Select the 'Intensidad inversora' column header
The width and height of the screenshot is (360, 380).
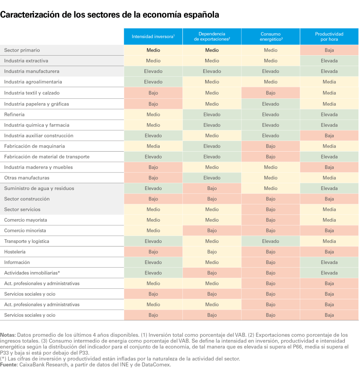pyautogui.click(x=153, y=36)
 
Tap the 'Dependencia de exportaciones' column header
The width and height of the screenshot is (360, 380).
pyautogui.click(x=212, y=36)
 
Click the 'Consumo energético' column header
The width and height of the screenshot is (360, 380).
pyautogui.click(x=271, y=36)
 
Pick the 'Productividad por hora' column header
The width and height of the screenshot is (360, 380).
pyautogui.click(x=329, y=36)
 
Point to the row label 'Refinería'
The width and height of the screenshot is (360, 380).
pyautogui.click(x=14, y=114)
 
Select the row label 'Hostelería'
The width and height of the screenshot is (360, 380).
pyautogui.click(x=15, y=252)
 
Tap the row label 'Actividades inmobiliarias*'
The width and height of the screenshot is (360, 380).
pyautogui.click(x=32, y=273)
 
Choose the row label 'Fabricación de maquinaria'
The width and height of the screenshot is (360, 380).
pyautogui.click(x=34, y=146)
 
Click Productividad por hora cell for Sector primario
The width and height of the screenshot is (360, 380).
pyautogui.click(x=329, y=50)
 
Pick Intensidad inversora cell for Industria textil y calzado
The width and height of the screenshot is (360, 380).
pyautogui.click(x=153, y=93)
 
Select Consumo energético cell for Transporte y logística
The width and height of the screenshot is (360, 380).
pyautogui.click(x=271, y=241)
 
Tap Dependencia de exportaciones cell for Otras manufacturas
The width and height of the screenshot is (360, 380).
pyautogui.click(x=212, y=178)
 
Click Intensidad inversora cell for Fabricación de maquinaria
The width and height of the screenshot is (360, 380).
pyautogui.click(x=153, y=146)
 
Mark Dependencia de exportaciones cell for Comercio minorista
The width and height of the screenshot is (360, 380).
pyautogui.click(x=212, y=230)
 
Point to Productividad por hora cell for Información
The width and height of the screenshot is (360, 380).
pyautogui.click(x=329, y=262)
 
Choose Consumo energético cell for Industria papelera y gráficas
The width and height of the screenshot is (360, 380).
pyautogui.click(x=271, y=104)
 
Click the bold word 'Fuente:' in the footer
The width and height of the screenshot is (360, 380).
pyautogui.click(x=9, y=365)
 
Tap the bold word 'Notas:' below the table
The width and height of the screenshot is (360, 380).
pyautogui.click(x=8, y=335)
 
